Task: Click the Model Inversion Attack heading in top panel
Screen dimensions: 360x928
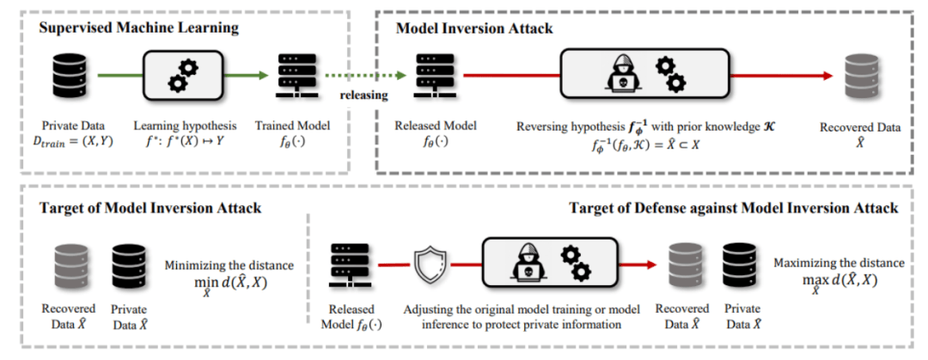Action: (x=462, y=27)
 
